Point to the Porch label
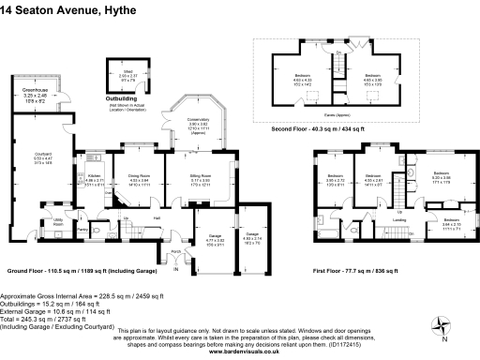(175, 252)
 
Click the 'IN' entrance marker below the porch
(174, 270)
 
